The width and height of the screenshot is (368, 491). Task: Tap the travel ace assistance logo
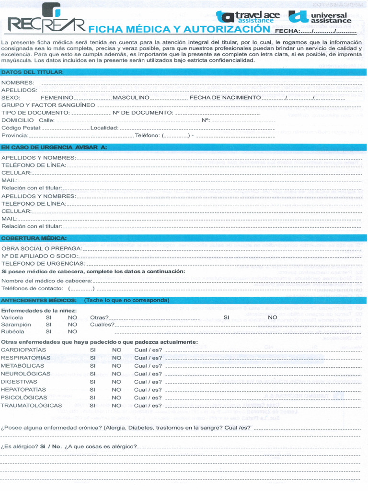(x=248, y=17)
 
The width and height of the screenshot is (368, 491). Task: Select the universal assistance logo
(x=320, y=18)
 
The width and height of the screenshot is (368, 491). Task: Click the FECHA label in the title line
(x=287, y=32)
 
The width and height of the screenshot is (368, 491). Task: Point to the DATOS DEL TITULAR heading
(x=32, y=72)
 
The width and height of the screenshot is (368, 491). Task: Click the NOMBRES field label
(x=18, y=83)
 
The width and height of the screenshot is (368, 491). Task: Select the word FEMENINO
(x=57, y=98)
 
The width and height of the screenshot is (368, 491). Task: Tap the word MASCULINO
(x=131, y=98)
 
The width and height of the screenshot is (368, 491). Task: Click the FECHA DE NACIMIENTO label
(x=225, y=98)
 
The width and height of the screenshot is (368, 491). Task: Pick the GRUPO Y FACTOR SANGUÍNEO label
(x=48, y=105)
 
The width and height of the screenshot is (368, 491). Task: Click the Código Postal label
(x=21, y=128)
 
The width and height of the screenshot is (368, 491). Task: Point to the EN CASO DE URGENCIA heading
(x=54, y=147)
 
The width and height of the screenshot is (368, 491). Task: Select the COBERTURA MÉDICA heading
(x=34, y=238)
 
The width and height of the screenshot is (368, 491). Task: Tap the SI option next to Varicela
(x=48, y=317)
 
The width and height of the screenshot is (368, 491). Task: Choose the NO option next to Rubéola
(x=72, y=331)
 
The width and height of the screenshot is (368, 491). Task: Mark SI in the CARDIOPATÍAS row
(x=92, y=350)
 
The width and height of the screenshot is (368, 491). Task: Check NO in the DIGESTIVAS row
(x=116, y=382)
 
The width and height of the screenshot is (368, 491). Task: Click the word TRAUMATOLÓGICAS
(x=32, y=406)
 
